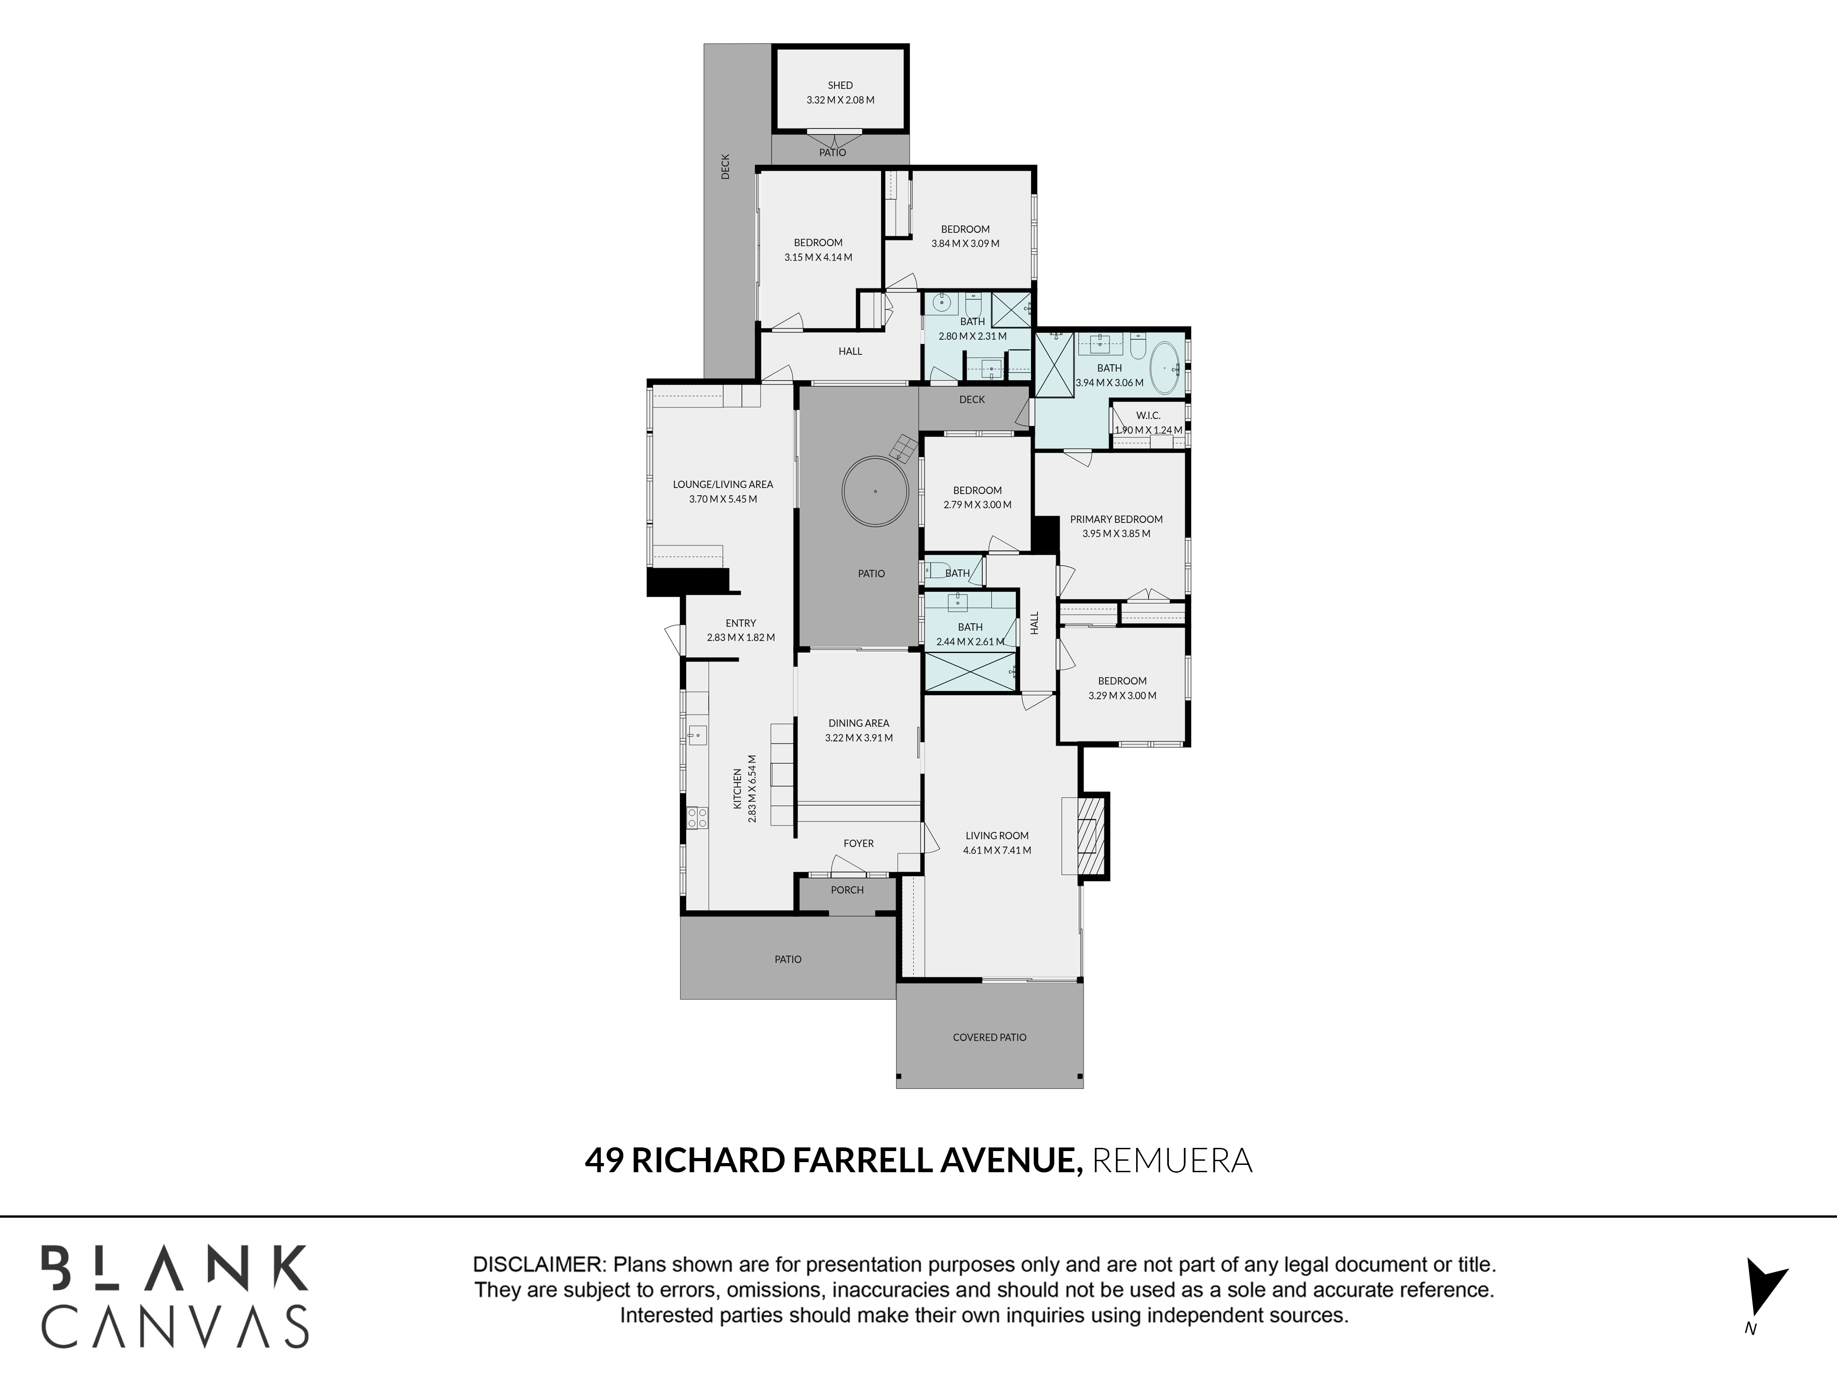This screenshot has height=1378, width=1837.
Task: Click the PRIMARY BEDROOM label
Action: point(1116,519)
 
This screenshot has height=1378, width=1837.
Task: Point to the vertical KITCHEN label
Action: point(738,788)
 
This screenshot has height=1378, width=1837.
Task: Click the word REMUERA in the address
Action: point(1172,1160)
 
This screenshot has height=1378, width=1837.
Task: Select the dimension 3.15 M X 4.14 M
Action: point(818,258)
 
